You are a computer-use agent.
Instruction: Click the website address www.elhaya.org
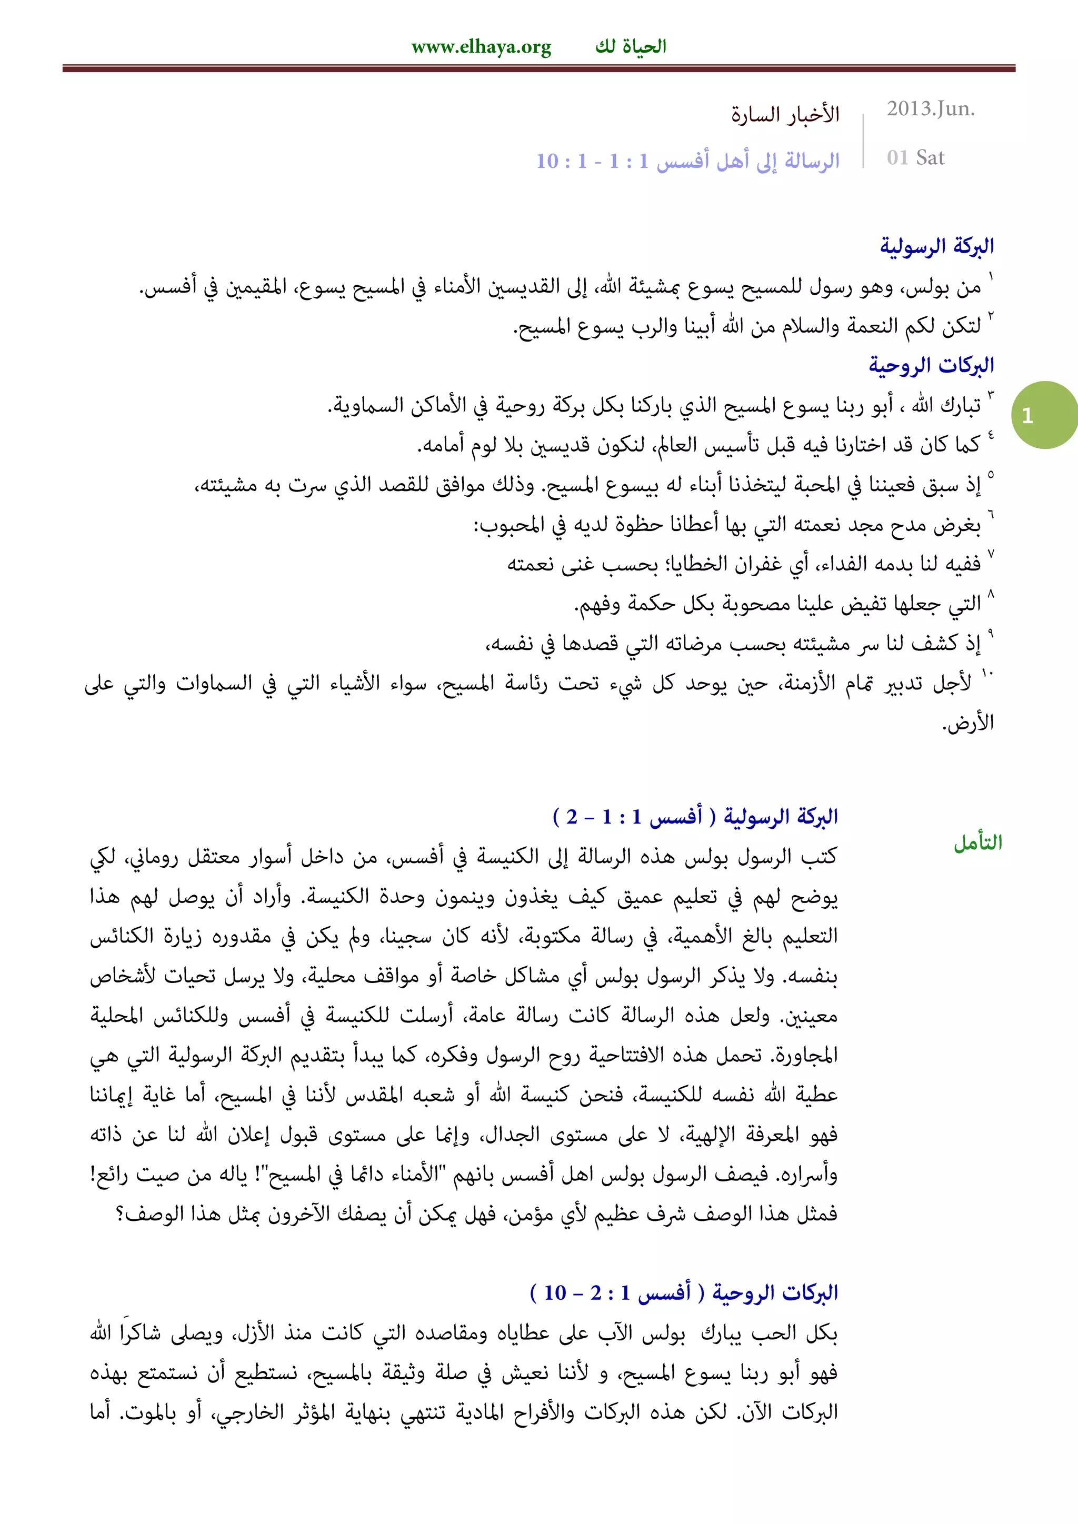pos(481,48)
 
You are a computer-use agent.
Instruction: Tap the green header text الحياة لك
pos(631,46)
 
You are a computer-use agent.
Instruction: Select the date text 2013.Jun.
pos(931,109)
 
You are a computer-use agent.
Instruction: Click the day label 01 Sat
pos(915,158)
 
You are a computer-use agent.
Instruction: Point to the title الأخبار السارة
pos(785,115)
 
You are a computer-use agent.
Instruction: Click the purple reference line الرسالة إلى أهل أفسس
pos(687,161)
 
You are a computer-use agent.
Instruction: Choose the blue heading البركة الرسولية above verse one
pos(936,246)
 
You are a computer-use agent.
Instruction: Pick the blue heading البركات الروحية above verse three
pos(931,365)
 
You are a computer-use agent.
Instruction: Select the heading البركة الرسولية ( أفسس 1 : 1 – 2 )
pos(695,816)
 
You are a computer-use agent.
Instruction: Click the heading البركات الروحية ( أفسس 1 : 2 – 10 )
pos(684,1293)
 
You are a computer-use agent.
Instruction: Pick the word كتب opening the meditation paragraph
pos(819,857)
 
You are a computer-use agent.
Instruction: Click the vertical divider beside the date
pos(863,140)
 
